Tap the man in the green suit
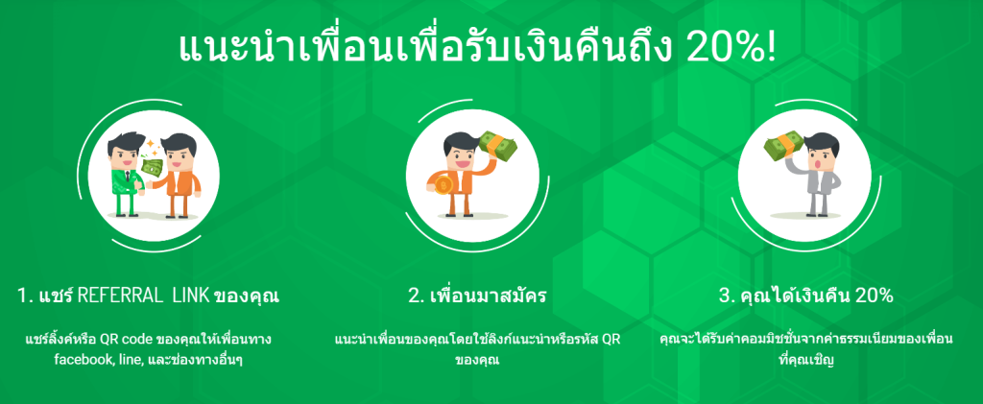[126, 174]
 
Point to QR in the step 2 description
[611, 341]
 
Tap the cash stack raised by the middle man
[500, 145]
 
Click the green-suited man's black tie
[128, 175]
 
